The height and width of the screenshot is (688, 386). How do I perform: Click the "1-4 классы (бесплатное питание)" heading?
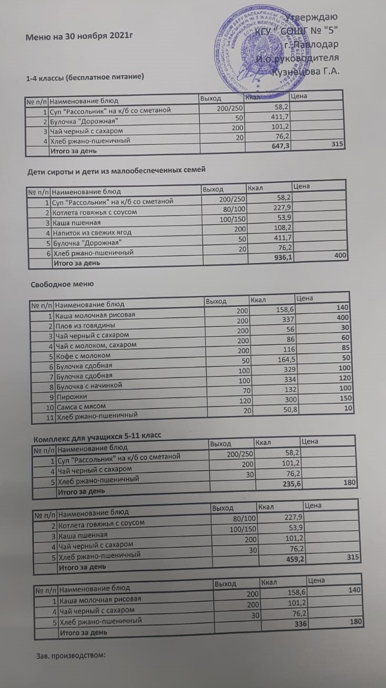coord(85,78)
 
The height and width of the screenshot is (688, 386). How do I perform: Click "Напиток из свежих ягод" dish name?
coord(91,232)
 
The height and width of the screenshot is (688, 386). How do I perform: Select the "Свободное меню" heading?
coord(63,284)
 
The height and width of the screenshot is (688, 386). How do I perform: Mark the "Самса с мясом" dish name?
coord(82,406)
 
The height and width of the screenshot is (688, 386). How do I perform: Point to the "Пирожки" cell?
coord(71,396)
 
